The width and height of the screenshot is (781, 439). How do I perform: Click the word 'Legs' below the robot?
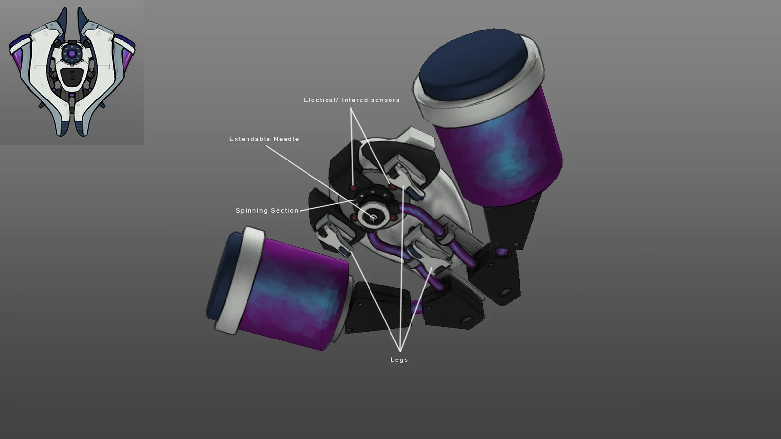(399, 360)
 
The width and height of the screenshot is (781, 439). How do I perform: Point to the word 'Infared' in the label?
(355, 100)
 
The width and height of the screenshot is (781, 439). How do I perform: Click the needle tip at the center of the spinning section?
(373, 218)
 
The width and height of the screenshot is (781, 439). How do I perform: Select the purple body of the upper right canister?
(503, 146)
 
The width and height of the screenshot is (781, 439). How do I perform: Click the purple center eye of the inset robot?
(72, 53)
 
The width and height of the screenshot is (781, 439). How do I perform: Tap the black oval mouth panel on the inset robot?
(71, 78)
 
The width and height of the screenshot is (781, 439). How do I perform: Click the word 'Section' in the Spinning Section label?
(285, 211)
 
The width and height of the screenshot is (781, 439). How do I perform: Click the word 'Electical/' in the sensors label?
(321, 100)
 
